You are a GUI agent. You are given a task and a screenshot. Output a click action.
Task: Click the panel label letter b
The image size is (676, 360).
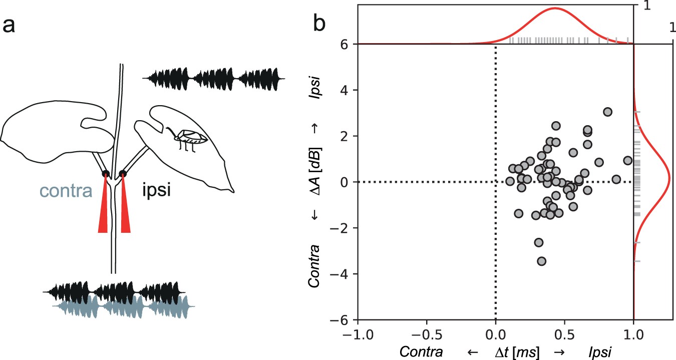(320, 24)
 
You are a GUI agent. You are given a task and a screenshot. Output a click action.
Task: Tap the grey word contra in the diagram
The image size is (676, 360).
(64, 191)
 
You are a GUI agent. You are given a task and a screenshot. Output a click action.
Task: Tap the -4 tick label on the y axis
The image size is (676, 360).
(344, 274)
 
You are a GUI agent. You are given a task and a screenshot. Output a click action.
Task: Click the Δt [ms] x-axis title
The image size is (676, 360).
(516, 352)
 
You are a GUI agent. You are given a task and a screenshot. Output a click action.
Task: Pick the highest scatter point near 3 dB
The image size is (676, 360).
(607, 112)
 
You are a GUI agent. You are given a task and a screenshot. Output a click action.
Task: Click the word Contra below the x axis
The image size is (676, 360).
(421, 352)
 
